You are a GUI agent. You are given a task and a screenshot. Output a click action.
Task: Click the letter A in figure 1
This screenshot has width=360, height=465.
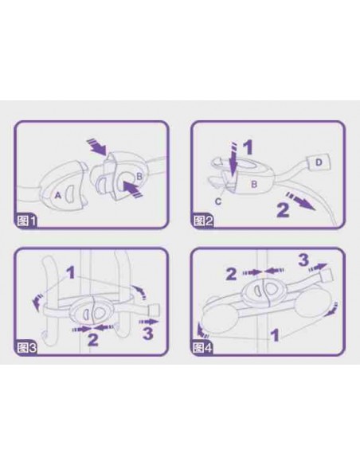58,195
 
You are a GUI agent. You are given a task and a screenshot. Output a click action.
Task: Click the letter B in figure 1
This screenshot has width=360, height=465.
139,177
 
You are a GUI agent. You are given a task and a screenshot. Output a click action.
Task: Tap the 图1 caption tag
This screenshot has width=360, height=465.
25,221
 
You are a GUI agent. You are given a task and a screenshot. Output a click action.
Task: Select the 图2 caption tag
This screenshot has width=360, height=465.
203,221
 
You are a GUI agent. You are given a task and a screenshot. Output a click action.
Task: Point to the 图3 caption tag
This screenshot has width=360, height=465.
26,348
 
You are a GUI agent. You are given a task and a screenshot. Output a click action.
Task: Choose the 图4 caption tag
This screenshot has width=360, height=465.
203,348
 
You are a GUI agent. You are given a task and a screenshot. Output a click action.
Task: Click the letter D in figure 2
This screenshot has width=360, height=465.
319,162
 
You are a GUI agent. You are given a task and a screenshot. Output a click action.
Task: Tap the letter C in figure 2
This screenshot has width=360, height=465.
218,201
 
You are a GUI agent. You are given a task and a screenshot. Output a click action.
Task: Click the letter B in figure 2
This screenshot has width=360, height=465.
254,184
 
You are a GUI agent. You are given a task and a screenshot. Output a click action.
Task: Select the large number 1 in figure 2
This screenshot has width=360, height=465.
248,147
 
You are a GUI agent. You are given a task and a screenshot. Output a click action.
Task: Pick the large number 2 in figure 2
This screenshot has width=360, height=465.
282,209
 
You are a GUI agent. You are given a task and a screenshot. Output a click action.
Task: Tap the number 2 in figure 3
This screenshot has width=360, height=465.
93,339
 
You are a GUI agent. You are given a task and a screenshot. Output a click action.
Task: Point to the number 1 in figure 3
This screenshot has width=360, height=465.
71,273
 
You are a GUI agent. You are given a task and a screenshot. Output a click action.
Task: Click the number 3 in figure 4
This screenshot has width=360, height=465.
303,260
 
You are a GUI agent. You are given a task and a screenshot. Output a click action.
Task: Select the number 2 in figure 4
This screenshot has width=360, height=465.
231,275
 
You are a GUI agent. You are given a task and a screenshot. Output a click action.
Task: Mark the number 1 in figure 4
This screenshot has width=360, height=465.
276,336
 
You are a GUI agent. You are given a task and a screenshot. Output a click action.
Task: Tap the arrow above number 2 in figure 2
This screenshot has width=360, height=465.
299,201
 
